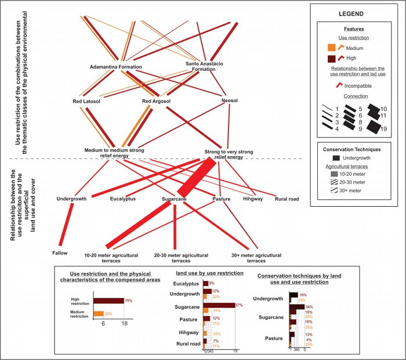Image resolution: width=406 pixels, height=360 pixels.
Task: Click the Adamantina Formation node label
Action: click(116, 67)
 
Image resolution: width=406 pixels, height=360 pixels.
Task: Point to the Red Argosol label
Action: click(156, 102)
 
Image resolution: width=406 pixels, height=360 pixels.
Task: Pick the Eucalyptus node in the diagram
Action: click(123, 199)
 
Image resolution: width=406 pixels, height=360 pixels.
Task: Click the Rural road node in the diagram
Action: click(287, 199)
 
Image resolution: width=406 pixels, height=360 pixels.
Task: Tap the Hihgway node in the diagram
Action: click(252, 199)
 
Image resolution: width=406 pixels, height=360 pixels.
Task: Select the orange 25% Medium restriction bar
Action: click(99, 314)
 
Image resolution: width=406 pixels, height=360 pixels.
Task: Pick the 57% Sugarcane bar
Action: click(219, 305)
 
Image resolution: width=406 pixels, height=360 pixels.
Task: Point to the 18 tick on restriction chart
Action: click(124, 326)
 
